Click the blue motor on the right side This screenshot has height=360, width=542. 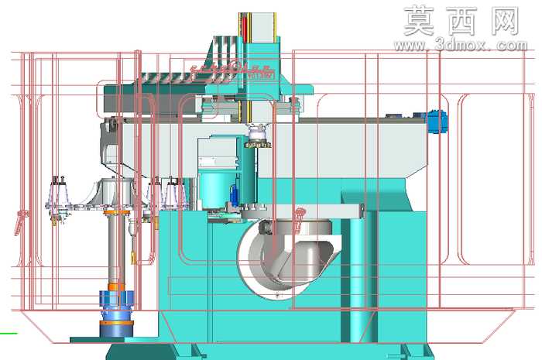tap(437, 122)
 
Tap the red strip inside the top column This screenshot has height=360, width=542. tap(245, 28)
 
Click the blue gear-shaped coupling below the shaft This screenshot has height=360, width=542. tap(116, 299)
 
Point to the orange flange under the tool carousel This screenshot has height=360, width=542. tap(116, 212)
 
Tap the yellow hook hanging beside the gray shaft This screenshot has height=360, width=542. tap(133, 256)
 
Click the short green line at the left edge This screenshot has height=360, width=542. tap(9, 334)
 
